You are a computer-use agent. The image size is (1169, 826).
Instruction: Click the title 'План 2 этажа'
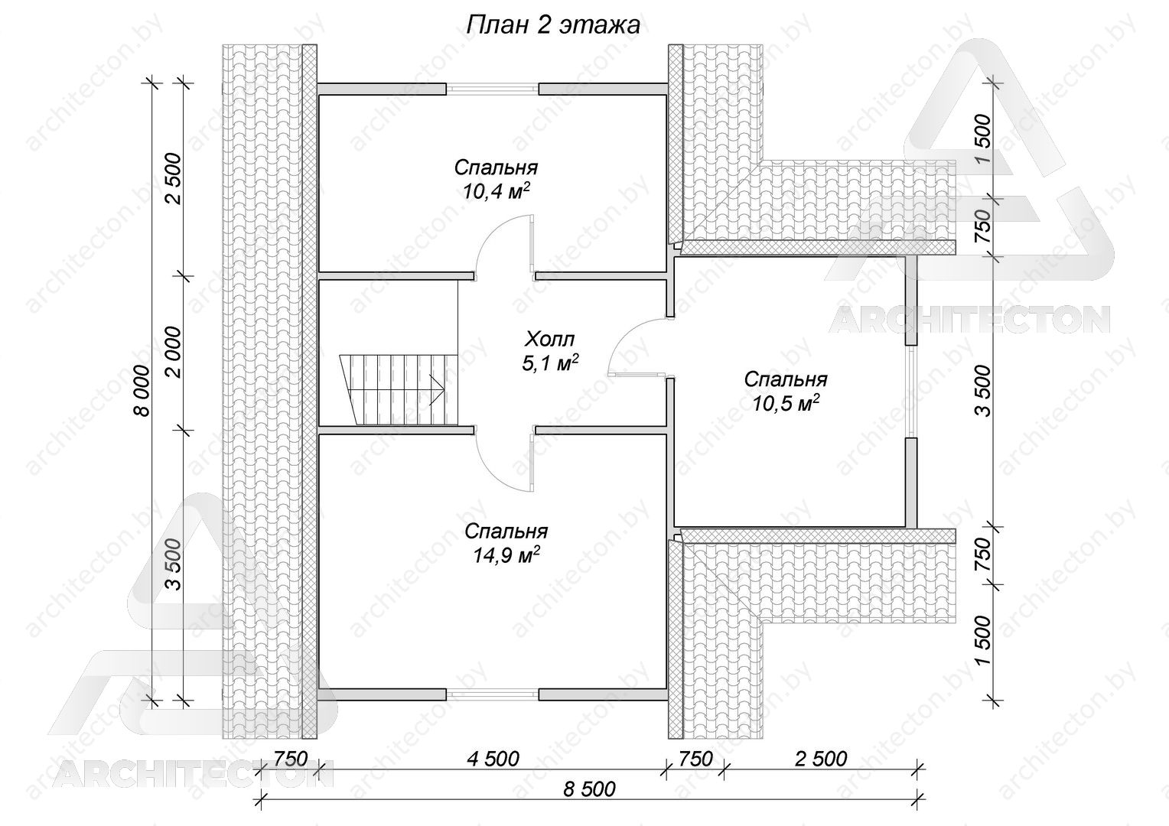[553, 25]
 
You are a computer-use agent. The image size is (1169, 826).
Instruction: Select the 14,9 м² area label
[506, 555]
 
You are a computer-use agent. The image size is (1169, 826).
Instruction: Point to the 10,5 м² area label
[786, 402]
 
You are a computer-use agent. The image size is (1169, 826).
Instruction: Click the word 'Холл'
[549, 340]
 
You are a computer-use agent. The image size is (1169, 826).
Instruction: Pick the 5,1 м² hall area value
[550, 364]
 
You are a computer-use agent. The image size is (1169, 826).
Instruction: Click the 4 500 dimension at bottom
[493, 759]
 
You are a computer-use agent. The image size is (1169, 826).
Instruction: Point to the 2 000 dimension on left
[173, 353]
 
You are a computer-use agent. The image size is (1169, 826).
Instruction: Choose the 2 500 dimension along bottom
[821, 759]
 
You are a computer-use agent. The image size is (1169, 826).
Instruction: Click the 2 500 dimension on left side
[173, 179]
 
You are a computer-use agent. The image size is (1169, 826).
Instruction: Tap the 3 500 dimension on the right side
[982, 390]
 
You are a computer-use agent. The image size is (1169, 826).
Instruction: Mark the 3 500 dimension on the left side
[173, 564]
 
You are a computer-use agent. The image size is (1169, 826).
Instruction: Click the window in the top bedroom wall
[492, 89]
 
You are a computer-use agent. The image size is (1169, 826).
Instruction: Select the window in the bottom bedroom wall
[492, 694]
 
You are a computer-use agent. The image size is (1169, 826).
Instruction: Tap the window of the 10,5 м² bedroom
[910, 392]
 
